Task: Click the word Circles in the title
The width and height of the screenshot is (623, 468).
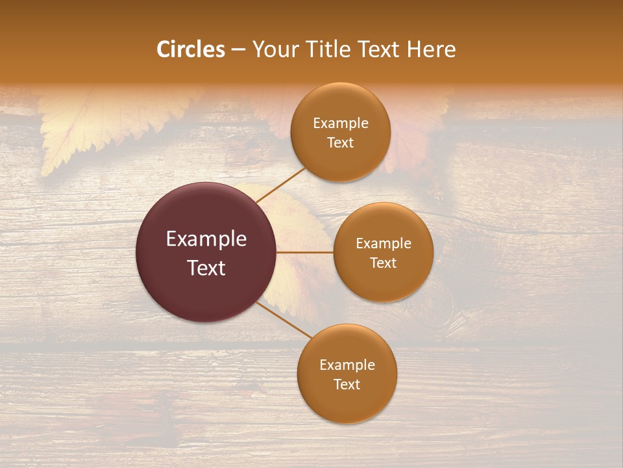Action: [x=191, y=49]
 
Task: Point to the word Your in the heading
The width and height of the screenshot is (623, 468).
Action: [x=275, y=49]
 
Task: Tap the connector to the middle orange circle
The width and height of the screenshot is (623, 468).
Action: [x=305, y=252]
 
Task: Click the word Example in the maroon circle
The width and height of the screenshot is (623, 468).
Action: [x=206, y=239]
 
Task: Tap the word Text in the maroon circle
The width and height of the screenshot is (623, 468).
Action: [x=206, y=268]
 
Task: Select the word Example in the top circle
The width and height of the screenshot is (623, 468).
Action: [x=341, y=123]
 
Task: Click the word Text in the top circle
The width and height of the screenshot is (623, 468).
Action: [x=341, y=142]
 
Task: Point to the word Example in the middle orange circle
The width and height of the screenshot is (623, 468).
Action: [x=384, y=243]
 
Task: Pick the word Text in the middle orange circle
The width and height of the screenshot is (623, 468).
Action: [x=384, y=263]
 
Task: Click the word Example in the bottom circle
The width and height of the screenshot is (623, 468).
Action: [x=347, y=365]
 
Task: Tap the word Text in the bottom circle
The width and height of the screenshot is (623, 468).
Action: [x=347, y=384]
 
